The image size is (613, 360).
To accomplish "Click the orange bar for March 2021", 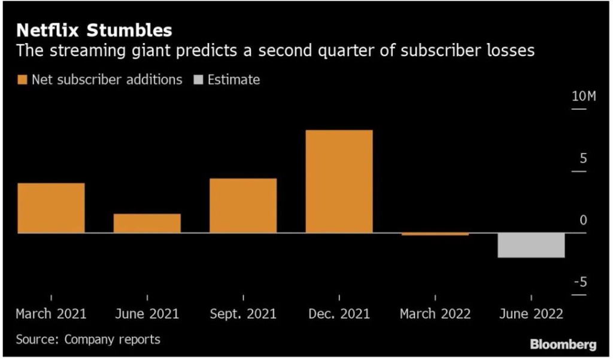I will (x=51, y=208).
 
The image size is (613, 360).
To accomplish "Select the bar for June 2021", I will (x=147, y=223).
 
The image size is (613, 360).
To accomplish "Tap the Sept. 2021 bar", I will (x=243, y=205).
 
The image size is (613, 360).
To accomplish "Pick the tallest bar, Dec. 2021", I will (x=339, y=181).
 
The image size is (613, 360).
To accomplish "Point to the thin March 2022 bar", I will (x=435, y=234).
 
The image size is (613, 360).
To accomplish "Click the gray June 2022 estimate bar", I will (x=531, y=245).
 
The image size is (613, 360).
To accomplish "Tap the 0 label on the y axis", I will (x=583, y=220).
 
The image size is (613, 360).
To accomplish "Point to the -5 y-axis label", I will (x=580, y=282).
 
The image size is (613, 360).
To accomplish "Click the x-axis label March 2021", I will (x=51, y=314).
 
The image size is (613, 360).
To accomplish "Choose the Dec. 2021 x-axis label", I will (x=339, y=314).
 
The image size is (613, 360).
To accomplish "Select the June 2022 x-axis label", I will (x=531, y=314).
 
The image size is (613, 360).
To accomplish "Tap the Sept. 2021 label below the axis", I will (x=243, y=314).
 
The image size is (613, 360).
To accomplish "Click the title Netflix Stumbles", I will (x=93, y=30).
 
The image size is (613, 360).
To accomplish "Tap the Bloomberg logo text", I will (x=563, y=344).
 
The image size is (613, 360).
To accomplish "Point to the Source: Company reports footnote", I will (x=88, y=340).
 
